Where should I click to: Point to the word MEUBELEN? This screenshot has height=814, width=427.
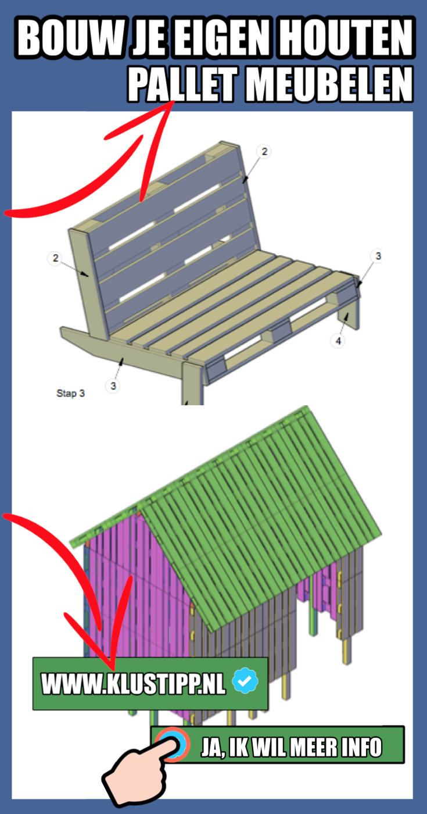click(x=329, y=84)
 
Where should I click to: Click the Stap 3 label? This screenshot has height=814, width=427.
click(x=70, y=393)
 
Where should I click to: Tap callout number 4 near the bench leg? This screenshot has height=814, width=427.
click(x=338, y=341)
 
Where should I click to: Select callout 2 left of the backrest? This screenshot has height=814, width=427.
click(x=55, y=258)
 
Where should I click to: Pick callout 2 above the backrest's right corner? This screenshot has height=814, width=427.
click(x=264, y=151)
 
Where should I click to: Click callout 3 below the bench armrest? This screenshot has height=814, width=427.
click(x=113, y=385)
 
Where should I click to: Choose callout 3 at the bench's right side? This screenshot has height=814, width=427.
click(x=378, y=256)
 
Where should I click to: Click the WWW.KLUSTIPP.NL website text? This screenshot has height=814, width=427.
click(x=133, y=684)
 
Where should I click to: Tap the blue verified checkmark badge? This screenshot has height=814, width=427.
click(x=245, y=680)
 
